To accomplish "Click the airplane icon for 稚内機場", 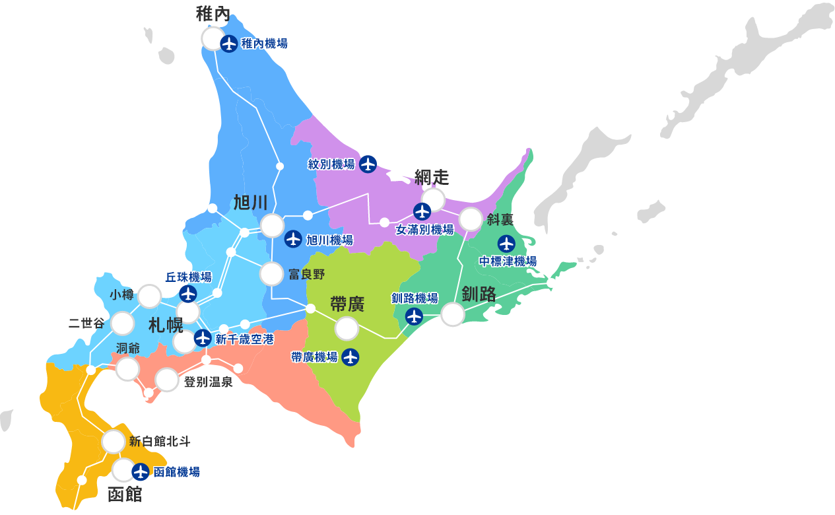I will pos(229,44).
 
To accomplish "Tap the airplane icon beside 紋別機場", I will pos(368,164).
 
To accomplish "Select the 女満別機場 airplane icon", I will pos(422,211).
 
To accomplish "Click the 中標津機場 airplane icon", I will pos(506,243).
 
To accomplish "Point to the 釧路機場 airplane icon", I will pos(414,316).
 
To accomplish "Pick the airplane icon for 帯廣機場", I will pos(351,357).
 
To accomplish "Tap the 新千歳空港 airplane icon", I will pos(203,339).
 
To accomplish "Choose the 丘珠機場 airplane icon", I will pos(188,294).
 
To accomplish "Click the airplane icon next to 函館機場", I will pos(140,471).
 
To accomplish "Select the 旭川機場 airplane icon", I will pos(293,239).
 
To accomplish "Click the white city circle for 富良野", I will pos(271,273).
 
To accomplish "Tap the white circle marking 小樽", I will pos(150,296).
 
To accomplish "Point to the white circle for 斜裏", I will pos(471,219).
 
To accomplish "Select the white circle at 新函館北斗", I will pos(114,441).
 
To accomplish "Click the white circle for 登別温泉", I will pos(166,380).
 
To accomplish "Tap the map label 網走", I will pos(432,177).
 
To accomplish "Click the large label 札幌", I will pos(166,325).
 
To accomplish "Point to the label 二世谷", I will pos(86,324).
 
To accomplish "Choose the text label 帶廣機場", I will pos(314,357).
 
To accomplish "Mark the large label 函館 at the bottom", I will pos(125,494).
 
